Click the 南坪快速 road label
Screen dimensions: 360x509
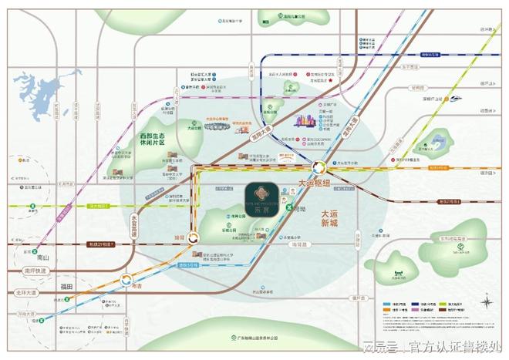click(35, 271)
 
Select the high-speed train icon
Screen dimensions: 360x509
click(456, 99)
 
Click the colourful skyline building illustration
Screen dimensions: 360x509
click(305, 121)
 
